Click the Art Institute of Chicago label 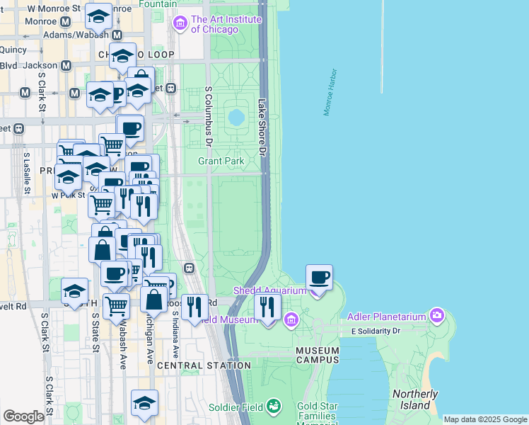226,24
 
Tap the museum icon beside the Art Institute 180,25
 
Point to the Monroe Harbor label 331,93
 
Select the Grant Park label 221,161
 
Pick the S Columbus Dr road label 209,117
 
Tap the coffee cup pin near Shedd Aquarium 319,278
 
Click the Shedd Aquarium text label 269,290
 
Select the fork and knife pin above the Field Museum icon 267,307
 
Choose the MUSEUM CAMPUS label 318,356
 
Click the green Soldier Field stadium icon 273,407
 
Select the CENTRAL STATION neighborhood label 204,365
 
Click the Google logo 23,416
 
